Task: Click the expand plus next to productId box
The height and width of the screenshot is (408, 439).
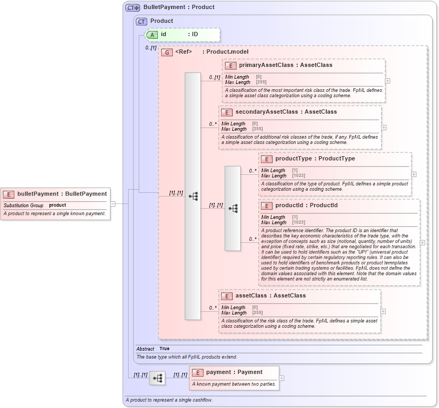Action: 423,242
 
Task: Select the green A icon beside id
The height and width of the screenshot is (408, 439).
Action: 152,35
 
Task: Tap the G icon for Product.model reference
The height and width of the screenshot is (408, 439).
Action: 167,52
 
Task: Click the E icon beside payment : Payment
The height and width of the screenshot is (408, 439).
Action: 197,372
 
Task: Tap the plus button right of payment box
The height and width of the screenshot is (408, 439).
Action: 282,378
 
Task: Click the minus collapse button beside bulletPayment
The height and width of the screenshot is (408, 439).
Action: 113,203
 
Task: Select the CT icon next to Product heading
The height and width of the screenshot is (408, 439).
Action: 141,21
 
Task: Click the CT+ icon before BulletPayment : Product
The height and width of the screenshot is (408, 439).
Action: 133,7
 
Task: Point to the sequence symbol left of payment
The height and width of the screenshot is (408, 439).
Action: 157,378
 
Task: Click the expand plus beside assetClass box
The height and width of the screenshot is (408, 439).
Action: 383,311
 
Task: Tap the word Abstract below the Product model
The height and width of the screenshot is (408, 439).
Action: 145,349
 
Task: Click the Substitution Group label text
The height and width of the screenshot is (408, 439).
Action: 23,205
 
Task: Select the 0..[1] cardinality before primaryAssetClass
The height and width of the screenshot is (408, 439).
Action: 214,78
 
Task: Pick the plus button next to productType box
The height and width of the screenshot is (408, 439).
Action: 414,174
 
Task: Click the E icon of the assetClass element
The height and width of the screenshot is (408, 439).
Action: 227,296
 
